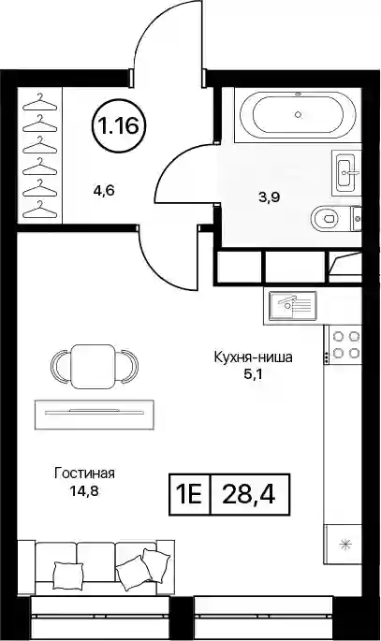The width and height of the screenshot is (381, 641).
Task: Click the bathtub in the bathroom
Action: [298, 115]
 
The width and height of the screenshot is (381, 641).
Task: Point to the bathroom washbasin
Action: [346, 172]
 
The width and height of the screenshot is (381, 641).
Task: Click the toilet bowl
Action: [326, 219]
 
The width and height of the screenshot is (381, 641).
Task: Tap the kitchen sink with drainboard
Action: [291, 307]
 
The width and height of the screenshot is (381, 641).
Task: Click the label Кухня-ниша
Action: [253, 357]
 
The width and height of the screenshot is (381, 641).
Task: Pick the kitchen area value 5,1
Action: [253, 374]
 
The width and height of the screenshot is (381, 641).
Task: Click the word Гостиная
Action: [84, 473]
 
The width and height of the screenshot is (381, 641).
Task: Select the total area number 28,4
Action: [249, 494]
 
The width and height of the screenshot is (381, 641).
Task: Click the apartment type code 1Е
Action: [189, 494]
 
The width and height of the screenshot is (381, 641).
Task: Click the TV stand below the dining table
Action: [95, 415]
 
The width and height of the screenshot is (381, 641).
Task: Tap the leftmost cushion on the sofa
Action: [68, 575]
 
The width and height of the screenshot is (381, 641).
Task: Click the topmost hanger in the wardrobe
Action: [39, 102]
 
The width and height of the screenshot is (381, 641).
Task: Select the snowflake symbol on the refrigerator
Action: [346, 544]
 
